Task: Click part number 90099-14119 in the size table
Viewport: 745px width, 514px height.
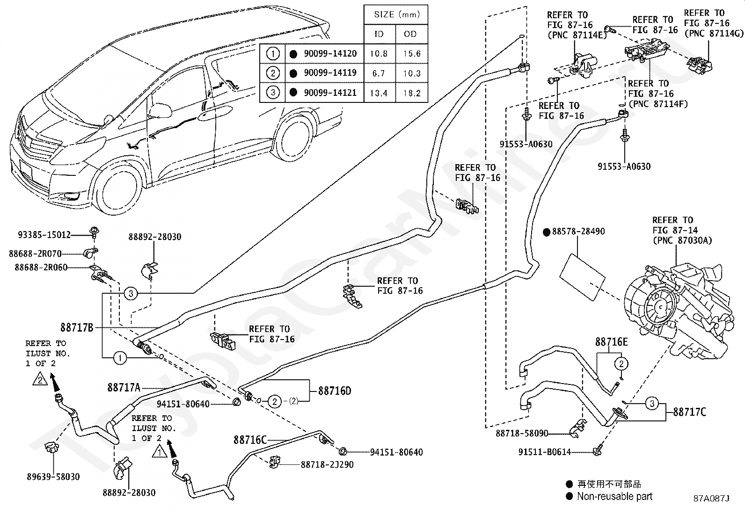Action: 330,73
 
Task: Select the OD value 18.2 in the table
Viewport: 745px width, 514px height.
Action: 412,93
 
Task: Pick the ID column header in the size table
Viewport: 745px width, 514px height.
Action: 379,34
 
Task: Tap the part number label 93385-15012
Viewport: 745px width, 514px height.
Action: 44,235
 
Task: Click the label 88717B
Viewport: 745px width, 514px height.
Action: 77,327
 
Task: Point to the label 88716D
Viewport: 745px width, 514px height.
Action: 335,391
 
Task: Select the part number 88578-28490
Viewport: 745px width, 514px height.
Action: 578,232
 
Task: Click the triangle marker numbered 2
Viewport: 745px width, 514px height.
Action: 40,379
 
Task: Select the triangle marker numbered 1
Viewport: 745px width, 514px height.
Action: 159,452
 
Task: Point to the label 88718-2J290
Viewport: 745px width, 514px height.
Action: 327,464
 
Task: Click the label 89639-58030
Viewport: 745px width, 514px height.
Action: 53,477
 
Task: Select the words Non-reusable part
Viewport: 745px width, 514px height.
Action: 614,497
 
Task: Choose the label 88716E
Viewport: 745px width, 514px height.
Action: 611,342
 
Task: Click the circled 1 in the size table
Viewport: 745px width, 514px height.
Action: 273,53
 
